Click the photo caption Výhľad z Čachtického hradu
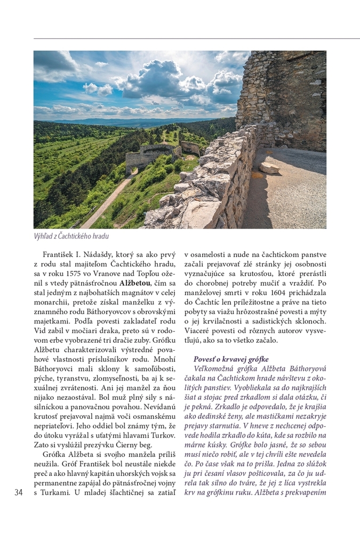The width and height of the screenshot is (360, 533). pos(71,236)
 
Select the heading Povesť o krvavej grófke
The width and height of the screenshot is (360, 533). pos(231,359)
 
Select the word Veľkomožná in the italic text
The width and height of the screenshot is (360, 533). pos(216,369)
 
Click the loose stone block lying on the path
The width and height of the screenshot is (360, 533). pos(269,168)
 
